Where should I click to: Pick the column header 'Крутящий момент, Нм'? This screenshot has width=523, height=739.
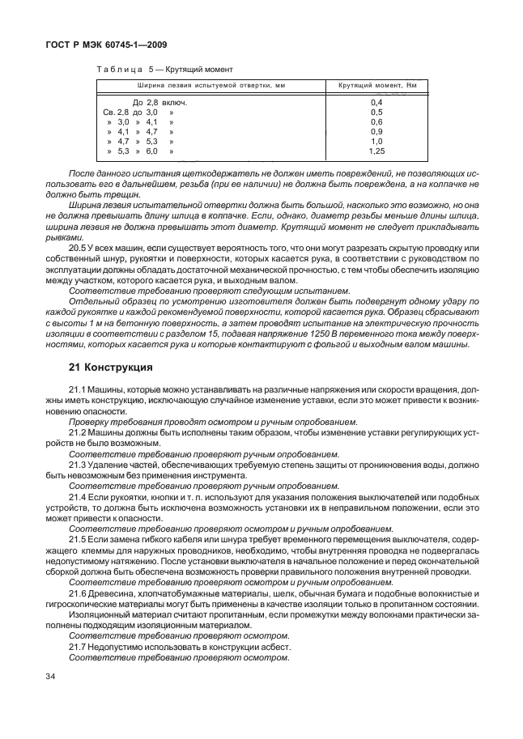tap(376, 86)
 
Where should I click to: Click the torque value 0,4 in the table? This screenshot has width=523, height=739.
tap(376, 103)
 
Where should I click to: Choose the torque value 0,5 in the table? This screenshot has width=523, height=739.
tap(376, 112)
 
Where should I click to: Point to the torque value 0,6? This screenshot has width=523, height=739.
tap(376, 121)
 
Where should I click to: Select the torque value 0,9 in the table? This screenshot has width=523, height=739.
tap(376, 131)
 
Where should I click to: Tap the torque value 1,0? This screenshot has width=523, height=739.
tap(376, 141)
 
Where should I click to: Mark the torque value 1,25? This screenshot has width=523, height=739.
tap(376, 151)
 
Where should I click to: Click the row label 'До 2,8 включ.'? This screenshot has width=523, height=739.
tap(160, 103)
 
